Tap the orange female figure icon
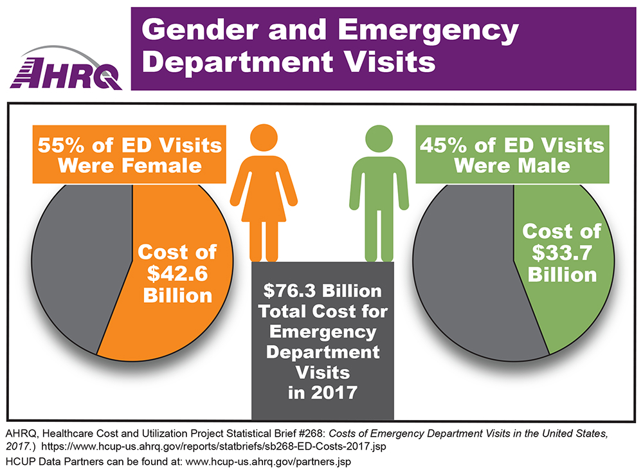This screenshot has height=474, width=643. click(x=264, y=193)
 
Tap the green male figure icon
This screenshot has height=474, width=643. click(x=379, y=193)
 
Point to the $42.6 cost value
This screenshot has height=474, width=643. click(x=179, y=273)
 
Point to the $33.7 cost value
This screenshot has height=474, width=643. click(x=561, y=252)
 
